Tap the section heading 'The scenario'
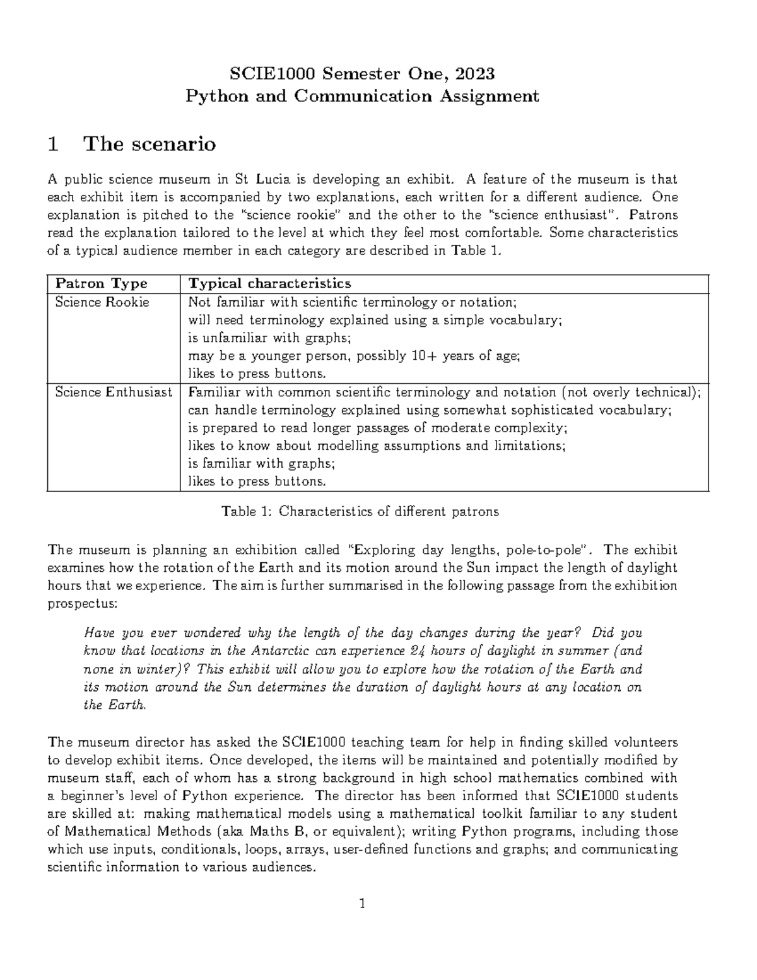pos(150,144)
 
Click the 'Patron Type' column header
pos(101,283)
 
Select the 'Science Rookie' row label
pos(102,302)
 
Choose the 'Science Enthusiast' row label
pos(113,392)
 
